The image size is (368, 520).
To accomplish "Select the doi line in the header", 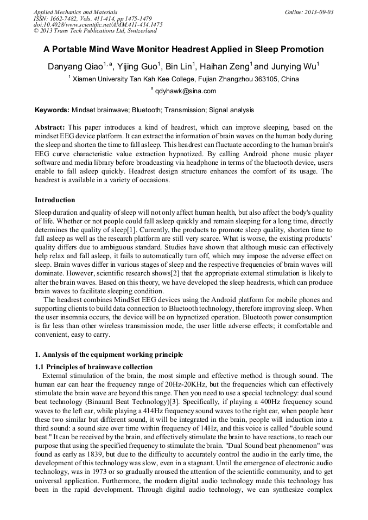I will point(98,24).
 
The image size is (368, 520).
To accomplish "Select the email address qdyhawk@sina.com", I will point(186,91).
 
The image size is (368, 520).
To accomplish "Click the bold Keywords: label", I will point(52,110).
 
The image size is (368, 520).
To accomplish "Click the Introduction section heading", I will point(55,200).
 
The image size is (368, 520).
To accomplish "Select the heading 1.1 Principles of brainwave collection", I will point(94,367).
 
